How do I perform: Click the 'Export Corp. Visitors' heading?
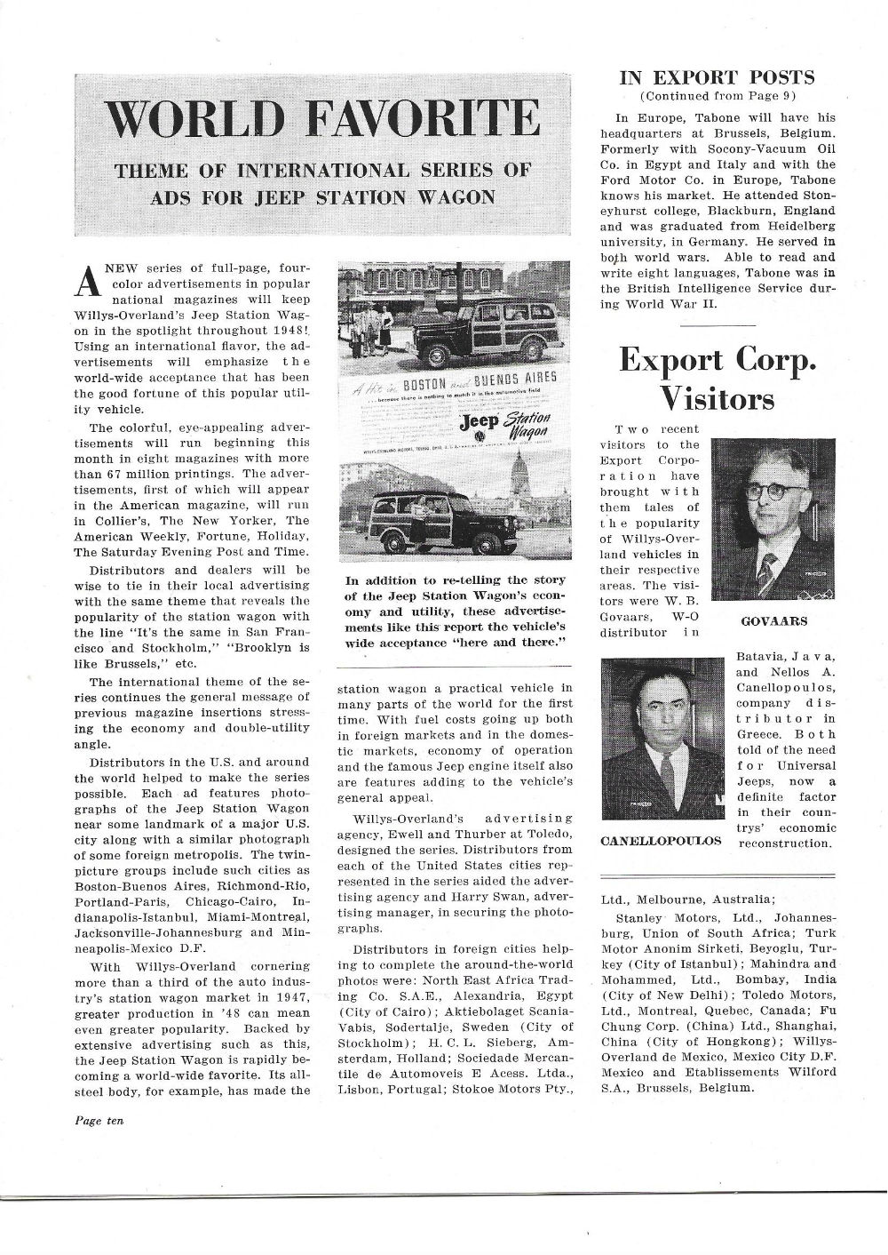pos(717,380)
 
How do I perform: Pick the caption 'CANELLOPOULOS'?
pos(662,840)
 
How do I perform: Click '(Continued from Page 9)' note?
pos(717,96)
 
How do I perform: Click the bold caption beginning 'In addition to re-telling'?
pos(455,611)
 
